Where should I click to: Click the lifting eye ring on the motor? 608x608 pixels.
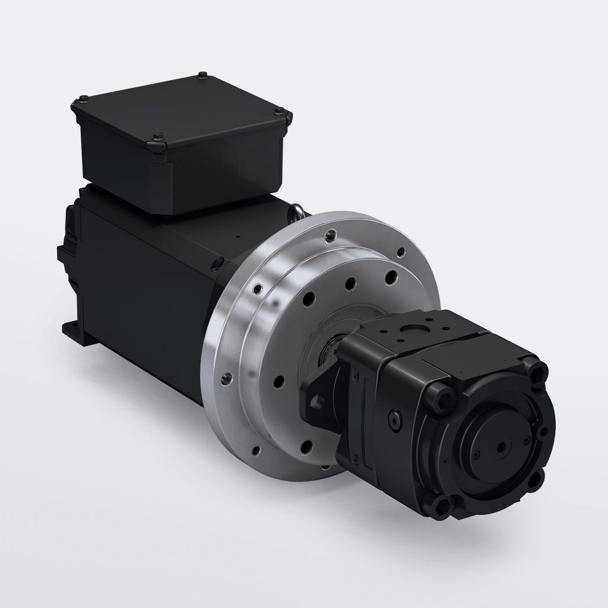pos(299,211)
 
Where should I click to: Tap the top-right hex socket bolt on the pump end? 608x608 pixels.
pos(540,373)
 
